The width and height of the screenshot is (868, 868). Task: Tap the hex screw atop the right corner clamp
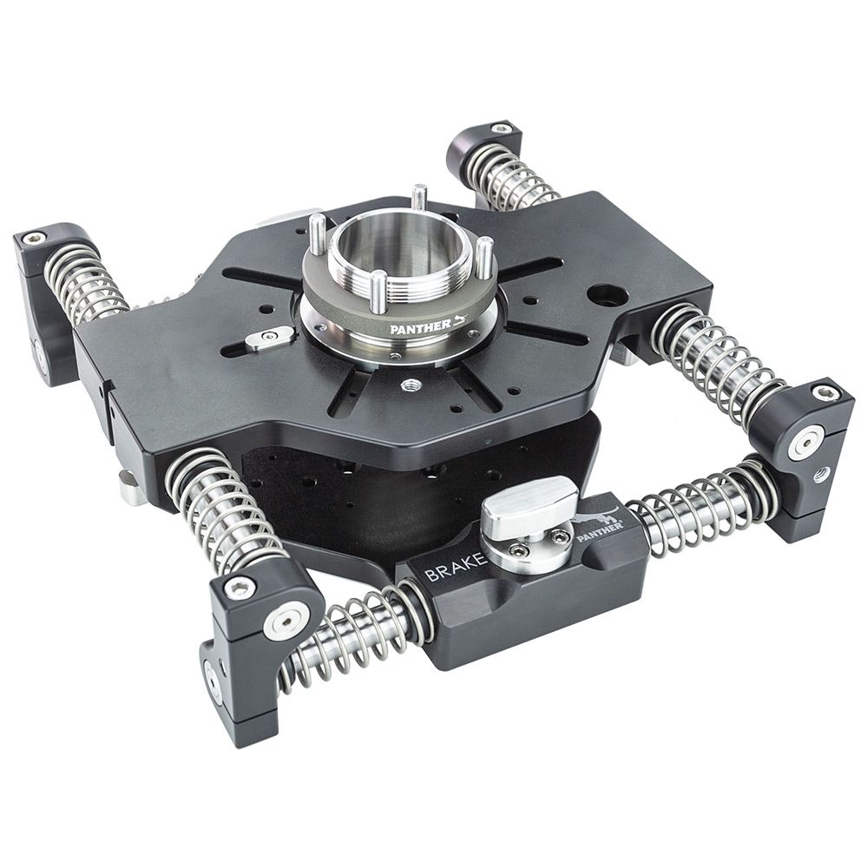[x=823, y=393]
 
